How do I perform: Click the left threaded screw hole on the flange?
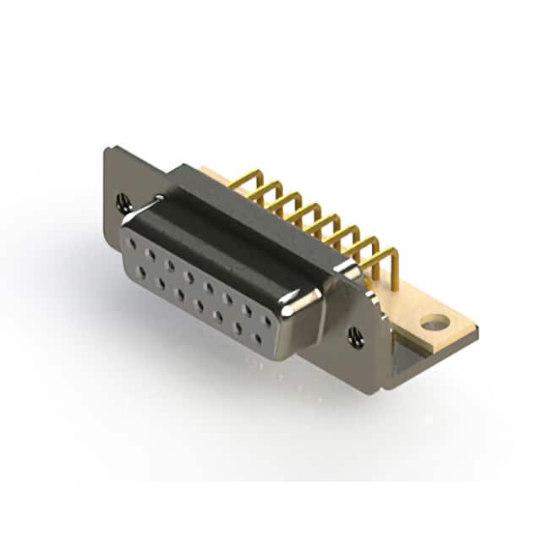click(x=123, y=203)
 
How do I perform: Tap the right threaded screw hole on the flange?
click(x=356, y=337)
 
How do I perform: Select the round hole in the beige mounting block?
click(x=434, y=322)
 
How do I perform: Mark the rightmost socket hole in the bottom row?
click(x=257, y=339)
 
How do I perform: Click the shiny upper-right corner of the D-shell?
click(x=306, y=297)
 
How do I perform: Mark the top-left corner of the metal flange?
click(x=106, y=150)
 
